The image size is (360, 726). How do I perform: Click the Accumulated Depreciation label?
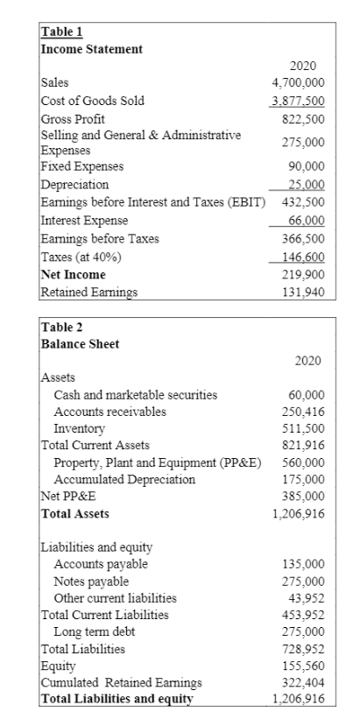pos(124,479)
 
